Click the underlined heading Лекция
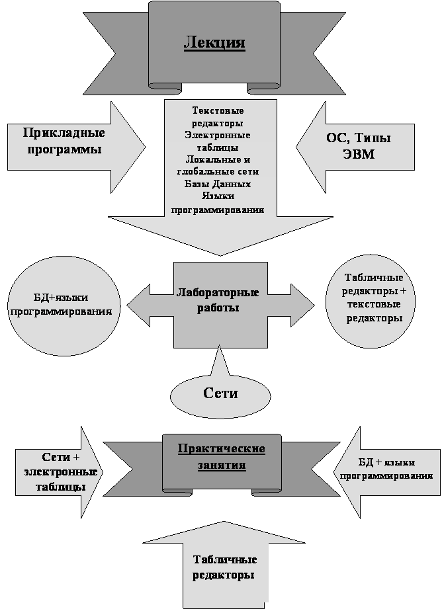[x=214, y=42]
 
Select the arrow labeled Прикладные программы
[x=76, y=147]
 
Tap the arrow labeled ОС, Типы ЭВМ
[x=355, y=147]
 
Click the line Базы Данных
[x=218, y=184]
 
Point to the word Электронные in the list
[x=218, y=135]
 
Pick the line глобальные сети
[x=218, y=172]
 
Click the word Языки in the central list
[x=218, y=196]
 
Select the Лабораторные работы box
[x=220, y=305]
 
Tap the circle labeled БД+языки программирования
[x=64, y=305]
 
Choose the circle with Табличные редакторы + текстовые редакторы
[x=370, y=302]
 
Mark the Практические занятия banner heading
[x=222, y=457]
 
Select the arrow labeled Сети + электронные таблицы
[x=59, y=472]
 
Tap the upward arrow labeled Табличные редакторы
[x=224, y=565]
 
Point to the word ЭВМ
[x=359, y=154]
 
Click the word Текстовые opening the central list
[x=218, y=110]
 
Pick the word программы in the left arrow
[x=65, y=149]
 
